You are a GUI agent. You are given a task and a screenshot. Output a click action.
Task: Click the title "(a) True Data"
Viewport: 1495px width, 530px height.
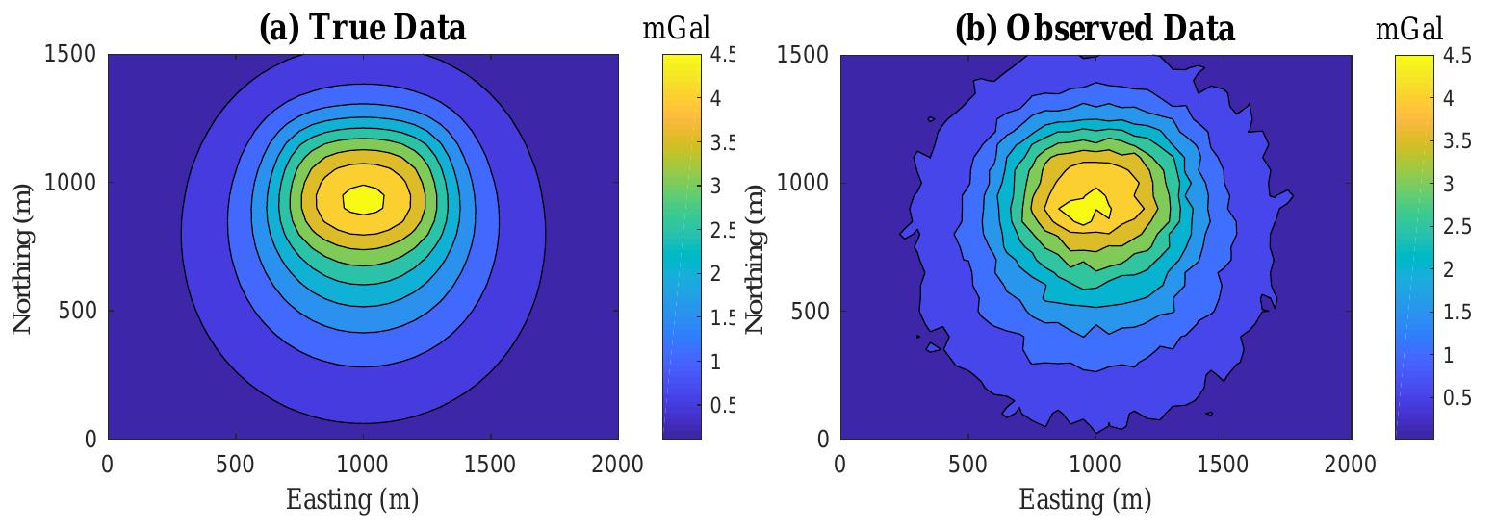(x=362, y=28)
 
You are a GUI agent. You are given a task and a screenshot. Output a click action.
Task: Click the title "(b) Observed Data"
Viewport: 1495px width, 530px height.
(x=1095, y=29)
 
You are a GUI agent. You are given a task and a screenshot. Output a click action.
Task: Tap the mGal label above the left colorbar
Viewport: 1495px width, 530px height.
(x=676, y=29)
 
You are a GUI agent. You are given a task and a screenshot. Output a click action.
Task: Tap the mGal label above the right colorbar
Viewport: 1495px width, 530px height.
(x=1409, y=29)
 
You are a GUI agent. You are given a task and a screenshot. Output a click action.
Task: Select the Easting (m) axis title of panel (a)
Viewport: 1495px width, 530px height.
(x=352, y=500)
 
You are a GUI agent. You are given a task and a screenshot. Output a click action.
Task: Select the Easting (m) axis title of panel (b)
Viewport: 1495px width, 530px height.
(x=1085, y=500)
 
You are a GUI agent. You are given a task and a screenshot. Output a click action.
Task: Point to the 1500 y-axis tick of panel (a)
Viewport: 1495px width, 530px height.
(x=70, y=54)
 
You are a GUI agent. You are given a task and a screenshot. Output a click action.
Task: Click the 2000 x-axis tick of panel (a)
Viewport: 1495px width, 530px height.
(x=618, y=465)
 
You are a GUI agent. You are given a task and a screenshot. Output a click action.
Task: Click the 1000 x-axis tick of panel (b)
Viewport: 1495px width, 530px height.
(x=1095, y=465)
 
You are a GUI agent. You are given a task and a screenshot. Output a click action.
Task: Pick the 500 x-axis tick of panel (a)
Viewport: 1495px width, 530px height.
(x=235, y=465)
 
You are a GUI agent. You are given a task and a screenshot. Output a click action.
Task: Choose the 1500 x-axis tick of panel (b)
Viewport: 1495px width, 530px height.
(x=1224, y=465)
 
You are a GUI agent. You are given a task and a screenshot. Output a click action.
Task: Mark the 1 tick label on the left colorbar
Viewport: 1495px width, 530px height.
(x=715, y=362)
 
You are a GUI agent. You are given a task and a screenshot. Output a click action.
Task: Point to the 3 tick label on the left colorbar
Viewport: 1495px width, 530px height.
(x=715, y=186)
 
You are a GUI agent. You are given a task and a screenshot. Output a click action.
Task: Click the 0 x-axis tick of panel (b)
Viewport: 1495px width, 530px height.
(x=840, y=465)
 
